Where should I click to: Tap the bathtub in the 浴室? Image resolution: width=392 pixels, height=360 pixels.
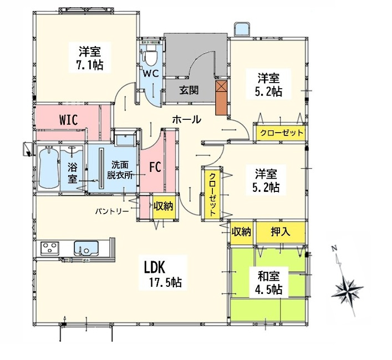[x=49, y=168]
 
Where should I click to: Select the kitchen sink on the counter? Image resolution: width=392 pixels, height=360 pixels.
[x=86, y=248]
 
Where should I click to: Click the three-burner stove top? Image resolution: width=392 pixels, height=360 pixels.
[x=50, y=248]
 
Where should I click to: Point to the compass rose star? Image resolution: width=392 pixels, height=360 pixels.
[x=347, y=291]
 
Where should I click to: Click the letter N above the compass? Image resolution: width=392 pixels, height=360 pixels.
[x=333, y=248]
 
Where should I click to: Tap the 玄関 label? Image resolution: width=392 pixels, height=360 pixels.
[x=189, y=90]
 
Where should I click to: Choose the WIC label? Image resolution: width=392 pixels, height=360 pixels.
[x=69, y=120]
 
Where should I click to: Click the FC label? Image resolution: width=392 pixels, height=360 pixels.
[x=155, y=167]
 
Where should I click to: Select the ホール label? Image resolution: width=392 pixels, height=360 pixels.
[x=187, y=120]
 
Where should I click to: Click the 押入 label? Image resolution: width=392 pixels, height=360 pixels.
[x=281, y=232]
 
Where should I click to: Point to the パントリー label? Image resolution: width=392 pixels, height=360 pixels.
[x=112, y=211]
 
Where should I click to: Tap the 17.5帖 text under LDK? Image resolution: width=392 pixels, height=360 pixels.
[x=165, y=283]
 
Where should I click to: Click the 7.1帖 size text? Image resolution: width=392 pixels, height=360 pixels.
[x=90, y=65]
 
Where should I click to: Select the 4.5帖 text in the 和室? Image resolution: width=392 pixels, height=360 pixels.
[x=268, y=290]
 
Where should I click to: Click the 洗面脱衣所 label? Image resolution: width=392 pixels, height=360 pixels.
[x=120, y=170]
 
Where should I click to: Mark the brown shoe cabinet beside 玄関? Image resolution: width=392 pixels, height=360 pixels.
[x=221, y=98]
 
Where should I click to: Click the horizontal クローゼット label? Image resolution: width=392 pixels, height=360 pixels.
[x=282, y=133]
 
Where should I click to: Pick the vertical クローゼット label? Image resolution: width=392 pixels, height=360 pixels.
[x=212, y=195]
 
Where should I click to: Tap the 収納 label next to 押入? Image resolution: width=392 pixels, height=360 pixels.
[x=241, y=232]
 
